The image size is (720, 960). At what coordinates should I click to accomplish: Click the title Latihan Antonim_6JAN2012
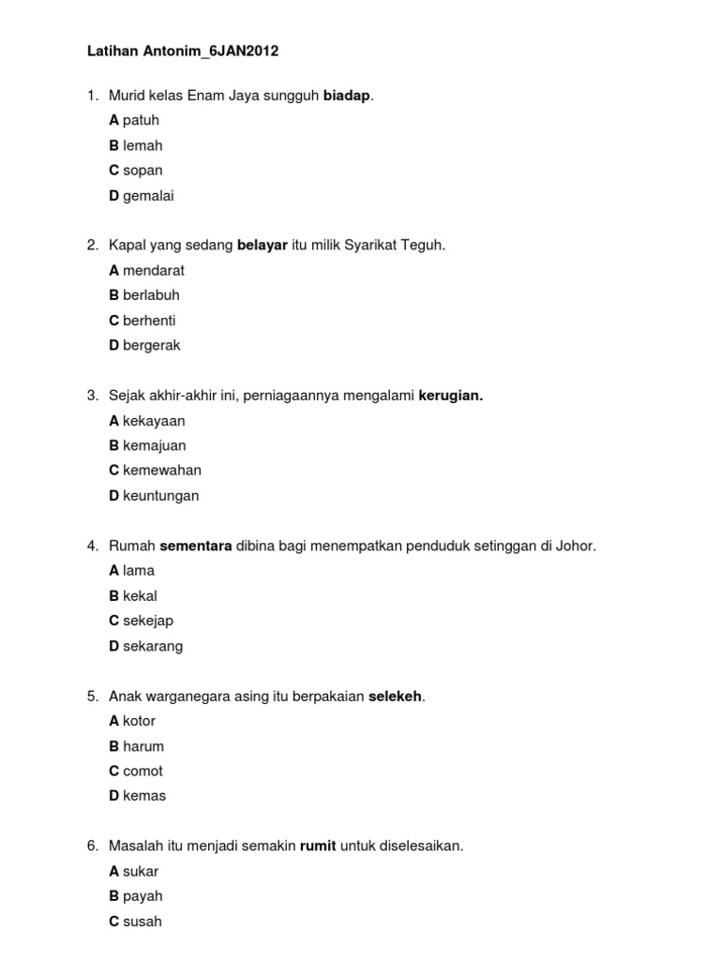[x=183, y=52]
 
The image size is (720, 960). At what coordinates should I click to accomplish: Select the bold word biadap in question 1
[x=347, y=96]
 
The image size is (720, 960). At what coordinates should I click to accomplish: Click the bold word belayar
[x=262, y=246]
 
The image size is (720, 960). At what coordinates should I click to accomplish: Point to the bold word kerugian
[x=450, y=396]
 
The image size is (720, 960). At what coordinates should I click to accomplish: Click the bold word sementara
[x=196, y=546]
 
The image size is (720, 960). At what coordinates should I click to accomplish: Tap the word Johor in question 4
[x=574, y=546]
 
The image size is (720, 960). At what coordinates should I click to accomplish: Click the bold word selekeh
[x=396, y=696]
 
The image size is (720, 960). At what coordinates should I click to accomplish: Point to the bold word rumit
[x=318, y=846]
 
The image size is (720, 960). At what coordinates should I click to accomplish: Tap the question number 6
[x=92, y=846]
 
